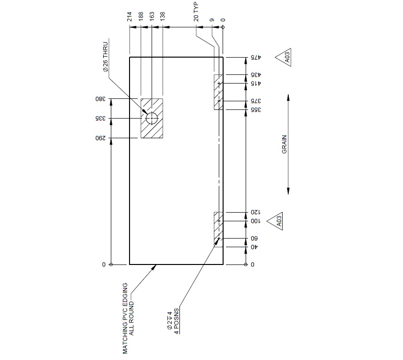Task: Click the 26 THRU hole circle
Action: [x=152, y=118]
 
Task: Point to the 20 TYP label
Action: [x=196, y=12]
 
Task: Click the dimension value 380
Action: [x=99, y=99]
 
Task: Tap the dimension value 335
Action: [x=99, y=118]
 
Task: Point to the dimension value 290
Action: [x=99, y=138]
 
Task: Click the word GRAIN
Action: [x=284, y=144]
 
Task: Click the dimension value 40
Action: [x=254, y=247]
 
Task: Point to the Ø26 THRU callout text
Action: [x=105, y=56]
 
